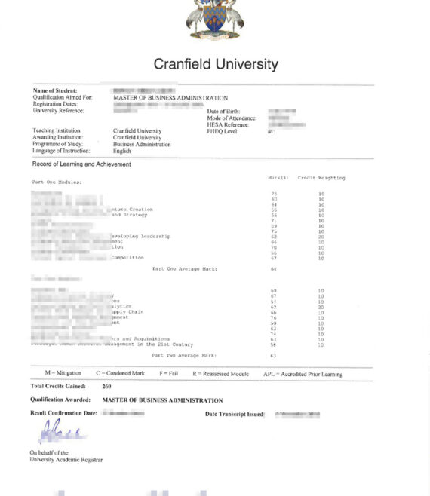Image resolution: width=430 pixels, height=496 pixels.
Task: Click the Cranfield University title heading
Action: pyautogui.click(x=216, y=64)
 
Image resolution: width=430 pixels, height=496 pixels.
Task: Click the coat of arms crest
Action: pyautogui.click(x=215, y=18)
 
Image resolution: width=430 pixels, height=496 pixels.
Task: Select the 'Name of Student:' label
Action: pyautogui.click(x=55, y=91)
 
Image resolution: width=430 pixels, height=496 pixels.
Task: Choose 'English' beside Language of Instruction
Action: pyautogui.click(x=122, y=151)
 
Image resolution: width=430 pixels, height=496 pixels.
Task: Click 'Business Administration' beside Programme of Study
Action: pyautogui.click(x=142, y=144)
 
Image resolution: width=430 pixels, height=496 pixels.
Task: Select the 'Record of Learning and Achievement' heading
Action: pyautogui.click(x=81, y=164)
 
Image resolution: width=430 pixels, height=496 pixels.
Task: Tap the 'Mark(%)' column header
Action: pyautogui.click(x=278, y=178)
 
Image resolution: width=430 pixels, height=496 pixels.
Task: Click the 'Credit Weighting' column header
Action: pyautogui.click(x=321, y=178)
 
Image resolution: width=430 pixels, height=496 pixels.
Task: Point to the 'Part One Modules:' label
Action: pyautogui.click(x=57, y=182)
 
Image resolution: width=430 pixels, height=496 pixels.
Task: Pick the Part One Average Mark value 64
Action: pyautogui.click(x=273, y=269)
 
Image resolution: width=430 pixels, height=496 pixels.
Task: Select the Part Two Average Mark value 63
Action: pyautogui.click(x=273, y=355)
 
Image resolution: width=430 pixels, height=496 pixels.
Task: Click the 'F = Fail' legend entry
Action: pyautogui.click(x=171, y=374)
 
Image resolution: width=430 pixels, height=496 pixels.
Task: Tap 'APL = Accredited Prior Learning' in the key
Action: pyautogui.click(x=303, y=374)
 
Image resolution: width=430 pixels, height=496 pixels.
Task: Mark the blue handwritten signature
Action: pyautogui.click(x=59, y=433)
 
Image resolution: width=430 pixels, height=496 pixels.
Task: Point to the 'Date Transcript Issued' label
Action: pyautogui.click(x=235, y=414)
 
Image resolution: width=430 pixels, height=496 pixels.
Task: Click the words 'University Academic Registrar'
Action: pyautogui.click(x=66, y=459)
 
